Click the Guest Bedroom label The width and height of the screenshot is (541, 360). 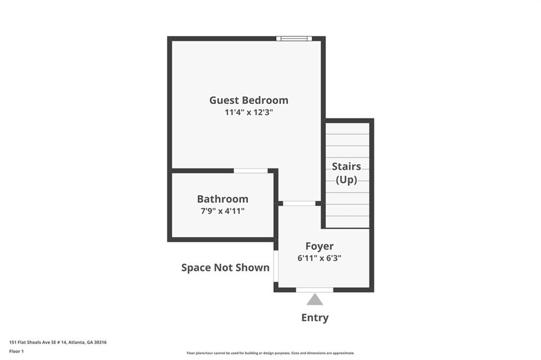[248, 100]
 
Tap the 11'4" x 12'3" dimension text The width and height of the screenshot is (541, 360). [248, 112]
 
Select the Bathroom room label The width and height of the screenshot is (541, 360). [222, 199]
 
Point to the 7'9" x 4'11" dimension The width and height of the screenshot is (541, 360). [222, 211]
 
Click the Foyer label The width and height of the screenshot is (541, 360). [319, 246]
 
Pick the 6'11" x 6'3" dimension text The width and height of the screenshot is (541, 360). [319, 259]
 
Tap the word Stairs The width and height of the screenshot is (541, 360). [346, 166]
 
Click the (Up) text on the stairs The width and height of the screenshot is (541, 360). [346, 179]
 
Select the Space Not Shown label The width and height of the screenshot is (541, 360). [225, 268]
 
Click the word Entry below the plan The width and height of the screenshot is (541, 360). [315, 318]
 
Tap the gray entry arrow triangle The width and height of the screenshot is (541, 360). [315, 300]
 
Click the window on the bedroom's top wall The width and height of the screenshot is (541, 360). [294, 38]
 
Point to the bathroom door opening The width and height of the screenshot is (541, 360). [250, 170]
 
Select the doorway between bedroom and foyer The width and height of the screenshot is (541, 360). [299, 203]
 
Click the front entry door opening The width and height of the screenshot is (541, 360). [314, 289]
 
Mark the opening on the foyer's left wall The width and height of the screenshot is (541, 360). [276, 266]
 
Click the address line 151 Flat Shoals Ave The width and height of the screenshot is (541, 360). [58, 342]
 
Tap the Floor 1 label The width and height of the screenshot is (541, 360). [17, 350]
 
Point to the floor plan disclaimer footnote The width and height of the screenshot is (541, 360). [270, 353]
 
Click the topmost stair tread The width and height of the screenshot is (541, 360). [347, 128]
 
